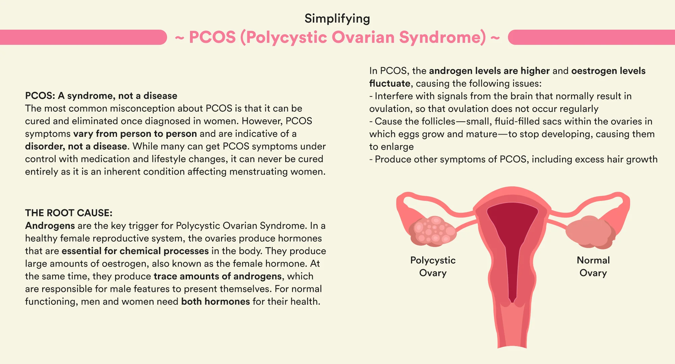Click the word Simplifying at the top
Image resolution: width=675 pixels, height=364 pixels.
[337, 19]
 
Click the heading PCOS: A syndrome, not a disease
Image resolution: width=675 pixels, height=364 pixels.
[101, 96]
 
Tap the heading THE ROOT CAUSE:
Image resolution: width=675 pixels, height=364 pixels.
[69, 213]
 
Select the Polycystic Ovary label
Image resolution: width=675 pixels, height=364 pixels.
[433, 266]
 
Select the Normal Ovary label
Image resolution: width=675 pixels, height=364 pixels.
[593, 266]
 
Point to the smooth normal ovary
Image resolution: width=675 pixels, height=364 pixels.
[591, 232]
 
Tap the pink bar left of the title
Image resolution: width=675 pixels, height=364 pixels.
[83, 37]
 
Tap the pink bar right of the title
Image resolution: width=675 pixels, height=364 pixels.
[591, 37]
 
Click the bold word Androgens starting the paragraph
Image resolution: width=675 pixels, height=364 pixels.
[50, 225]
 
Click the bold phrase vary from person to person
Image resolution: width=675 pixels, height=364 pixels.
[135, 134]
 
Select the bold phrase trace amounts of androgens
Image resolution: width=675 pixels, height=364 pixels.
[218, 276]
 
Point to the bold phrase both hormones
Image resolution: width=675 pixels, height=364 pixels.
[216, 301]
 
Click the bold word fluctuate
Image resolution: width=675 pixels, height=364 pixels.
[390, 83]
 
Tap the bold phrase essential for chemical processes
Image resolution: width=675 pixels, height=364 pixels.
[135, 251]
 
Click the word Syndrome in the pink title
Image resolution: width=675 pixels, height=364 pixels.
[442, 37]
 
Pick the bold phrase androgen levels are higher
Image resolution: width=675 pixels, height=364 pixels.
[489, 71]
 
